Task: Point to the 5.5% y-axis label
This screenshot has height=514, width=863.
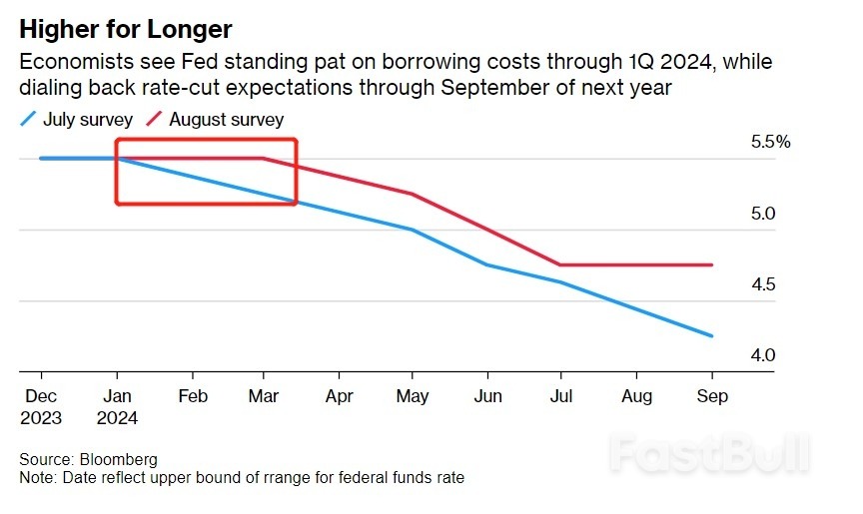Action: click(770, 142)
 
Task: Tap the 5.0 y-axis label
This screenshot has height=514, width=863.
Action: click(764, 214)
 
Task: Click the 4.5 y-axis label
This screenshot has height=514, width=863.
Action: click(764, 285)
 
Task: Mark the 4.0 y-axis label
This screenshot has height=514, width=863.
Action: click(764, 355)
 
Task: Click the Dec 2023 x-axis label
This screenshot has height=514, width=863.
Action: click(41, 406)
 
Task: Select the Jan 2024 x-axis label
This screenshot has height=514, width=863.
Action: click(118, 406)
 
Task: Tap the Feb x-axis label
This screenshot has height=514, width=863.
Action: click(192, 396)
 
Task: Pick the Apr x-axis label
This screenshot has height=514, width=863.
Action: click(340, 396)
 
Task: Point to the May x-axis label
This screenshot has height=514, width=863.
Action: click(413, 396)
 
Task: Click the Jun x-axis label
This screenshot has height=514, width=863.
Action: click(487, 396)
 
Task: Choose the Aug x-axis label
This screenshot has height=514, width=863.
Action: click(637, 396)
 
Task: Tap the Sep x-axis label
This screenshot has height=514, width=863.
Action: click(712, 396)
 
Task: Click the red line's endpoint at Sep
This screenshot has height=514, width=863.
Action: click(712, 264)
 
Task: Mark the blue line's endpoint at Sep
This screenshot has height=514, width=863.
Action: click(712, 336)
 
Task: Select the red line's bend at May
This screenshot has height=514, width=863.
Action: click(413, 194)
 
